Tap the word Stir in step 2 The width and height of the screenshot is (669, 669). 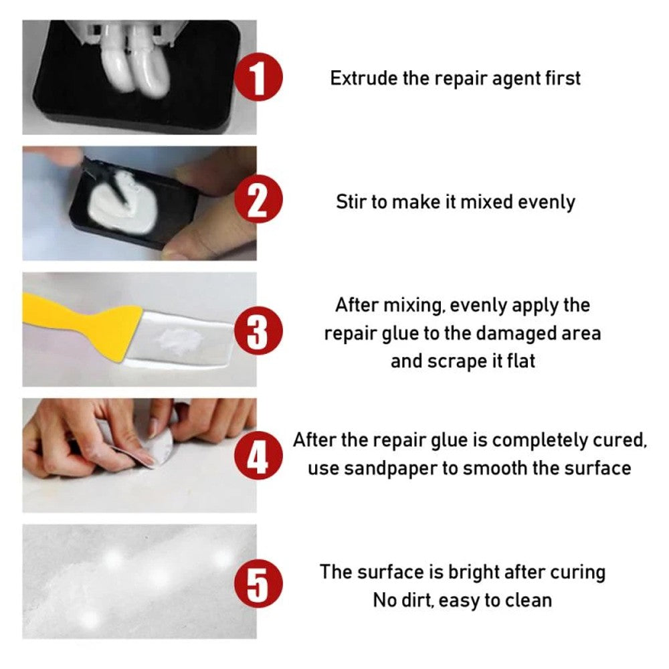[351, 201]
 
